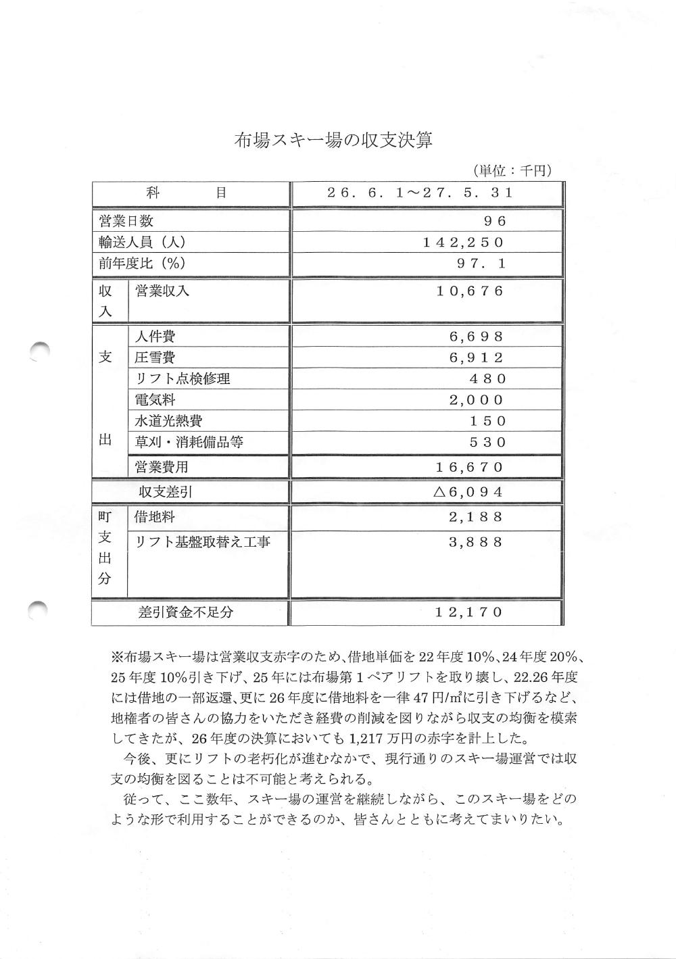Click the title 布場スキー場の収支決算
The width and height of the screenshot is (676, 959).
pyautogui.click(x=333, y=141)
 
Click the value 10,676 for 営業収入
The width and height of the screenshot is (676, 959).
pyautogui.click(x=470, y=291)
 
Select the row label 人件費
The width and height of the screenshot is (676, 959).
pyautogui.click(x=155, y=337)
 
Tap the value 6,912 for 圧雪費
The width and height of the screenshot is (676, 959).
pyautogui.click(x=477, y=358)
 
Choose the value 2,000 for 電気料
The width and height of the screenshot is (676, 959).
pyautogui.click(x=477, y=400)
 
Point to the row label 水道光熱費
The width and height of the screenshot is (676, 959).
pyautogui.click(x=168, y=421)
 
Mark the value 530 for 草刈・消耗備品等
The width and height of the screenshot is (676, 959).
pyautogui.click(x=488, y=443)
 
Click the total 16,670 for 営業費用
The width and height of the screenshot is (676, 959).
pyautogui.click(x=470, y=467)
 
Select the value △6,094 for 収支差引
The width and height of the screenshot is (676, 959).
pyautogui.click(x=468, y=492)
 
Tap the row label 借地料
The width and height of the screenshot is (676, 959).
pyautogui.click(x=155, y=518)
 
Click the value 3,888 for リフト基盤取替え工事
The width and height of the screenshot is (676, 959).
pyautogui.click(x=477, y=542)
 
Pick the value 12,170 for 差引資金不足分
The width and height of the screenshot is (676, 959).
pyautogui.click(x=470, y=612)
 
